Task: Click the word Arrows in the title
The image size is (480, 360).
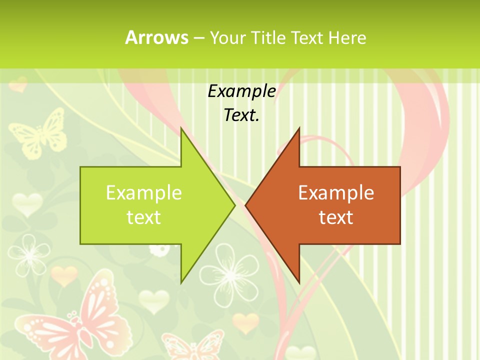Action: (156, 37)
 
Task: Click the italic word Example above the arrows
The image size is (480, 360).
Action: (241, 91)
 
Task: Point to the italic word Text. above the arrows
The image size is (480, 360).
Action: (241, 115)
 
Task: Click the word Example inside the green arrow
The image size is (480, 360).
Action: (144, 193)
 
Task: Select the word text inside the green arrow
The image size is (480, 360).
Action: (144, 217)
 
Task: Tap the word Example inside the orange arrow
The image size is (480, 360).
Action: (336, 193)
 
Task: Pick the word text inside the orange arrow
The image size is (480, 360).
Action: (336, 217)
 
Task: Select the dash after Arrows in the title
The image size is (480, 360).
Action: (198, 37)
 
